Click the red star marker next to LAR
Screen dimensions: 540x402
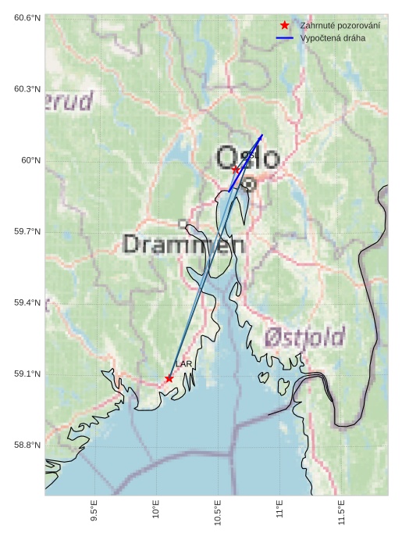[169, 378]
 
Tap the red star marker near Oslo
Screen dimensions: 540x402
[236, 170]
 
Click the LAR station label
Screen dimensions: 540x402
[183, 364]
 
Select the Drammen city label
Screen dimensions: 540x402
[183, 245]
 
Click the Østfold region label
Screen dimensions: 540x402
[304, 338]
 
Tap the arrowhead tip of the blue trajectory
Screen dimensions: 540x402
[262, 135]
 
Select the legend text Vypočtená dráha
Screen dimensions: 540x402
[333, 38]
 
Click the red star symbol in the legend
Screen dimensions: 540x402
[285, 25]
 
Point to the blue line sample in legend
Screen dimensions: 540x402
[285, 38]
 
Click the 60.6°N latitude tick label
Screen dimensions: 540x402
[27, 17]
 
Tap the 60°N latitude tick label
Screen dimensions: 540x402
[31, 160]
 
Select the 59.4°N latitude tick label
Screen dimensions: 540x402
[27, 302]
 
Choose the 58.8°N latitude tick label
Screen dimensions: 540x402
[27, 445]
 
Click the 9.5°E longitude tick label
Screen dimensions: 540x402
[94, 513]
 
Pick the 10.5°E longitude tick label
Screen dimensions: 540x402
[218, 513]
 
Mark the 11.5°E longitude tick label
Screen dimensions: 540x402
[341, 513]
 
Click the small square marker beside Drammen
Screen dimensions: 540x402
[183, 224]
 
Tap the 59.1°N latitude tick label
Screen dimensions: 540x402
[27, 374]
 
